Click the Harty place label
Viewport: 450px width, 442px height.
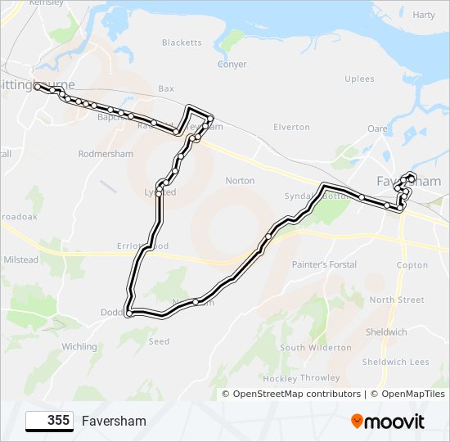click(424, 15)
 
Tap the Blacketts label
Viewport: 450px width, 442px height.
click(182, 43)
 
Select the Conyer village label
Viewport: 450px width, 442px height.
click(232, 65)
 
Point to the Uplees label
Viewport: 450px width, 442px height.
click(360, 79)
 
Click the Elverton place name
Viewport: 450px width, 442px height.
click(292, 127)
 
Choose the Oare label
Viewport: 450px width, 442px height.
click(377, 129)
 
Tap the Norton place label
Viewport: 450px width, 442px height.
click(240, 181)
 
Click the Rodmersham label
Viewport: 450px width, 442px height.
click(105, 154)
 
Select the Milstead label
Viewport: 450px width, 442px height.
click(21, 259)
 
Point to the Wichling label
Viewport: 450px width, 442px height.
click(79, 347)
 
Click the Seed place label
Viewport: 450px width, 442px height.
click(159, 341)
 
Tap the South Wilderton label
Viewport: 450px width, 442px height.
click(316, 348)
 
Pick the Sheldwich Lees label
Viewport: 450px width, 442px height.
click(396, 362)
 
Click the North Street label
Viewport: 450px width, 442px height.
click(397, 300)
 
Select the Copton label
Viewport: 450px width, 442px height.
click(412, 265)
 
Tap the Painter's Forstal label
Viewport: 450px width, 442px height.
click(324, 265)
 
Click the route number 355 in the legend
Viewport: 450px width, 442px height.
click(58, 421)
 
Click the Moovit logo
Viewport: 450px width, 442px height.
click(388, 422)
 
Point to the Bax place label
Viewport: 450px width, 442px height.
click(166, 88)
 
